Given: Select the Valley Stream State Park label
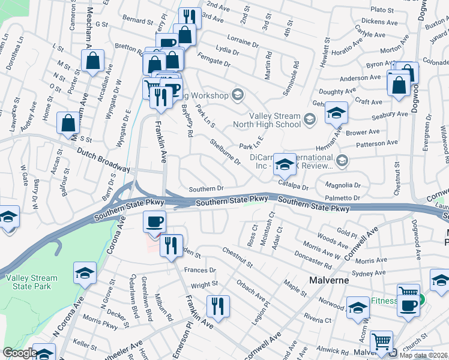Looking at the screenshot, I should [x=31, y=283].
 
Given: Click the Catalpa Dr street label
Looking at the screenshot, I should [x=293, y=187].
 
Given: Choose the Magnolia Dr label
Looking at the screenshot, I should [x=342, y=185].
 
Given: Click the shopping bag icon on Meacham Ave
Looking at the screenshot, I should [x=93, y=61].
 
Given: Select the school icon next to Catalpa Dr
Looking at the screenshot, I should [x=283, y=164].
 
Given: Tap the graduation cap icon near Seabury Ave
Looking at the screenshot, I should [x=336, y=112].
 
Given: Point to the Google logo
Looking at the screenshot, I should [x=19, y=353].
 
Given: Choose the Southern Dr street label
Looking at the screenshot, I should [x=206, y=188].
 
